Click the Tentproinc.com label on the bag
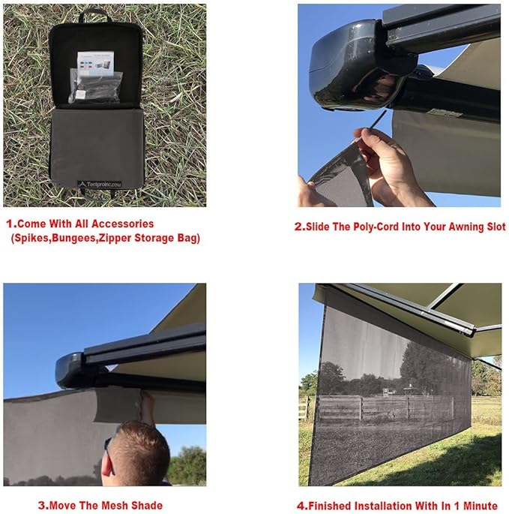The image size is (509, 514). click(103, 182)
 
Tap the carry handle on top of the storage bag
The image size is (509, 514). click(95, 13)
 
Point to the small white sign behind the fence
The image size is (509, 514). click(383, 392)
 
